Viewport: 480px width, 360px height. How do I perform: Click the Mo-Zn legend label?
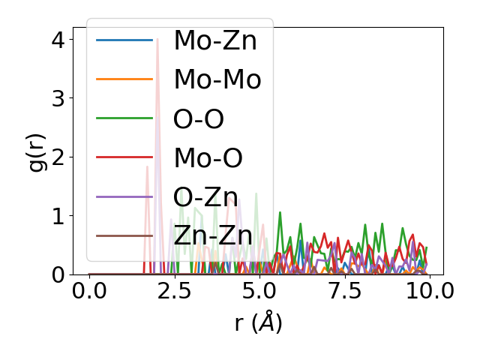[x=215, y=40]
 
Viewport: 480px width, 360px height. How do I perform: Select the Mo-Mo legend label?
[x=217, y=79]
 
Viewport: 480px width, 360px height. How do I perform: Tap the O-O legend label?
[x=199, y=118]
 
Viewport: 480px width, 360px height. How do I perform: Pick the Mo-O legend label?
[x=208, y=157]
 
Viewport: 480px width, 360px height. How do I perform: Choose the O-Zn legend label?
[x=206, y=196]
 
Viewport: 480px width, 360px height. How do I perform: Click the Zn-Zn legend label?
[x=213, y=235]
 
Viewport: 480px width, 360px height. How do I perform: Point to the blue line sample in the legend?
[x=124, y=40]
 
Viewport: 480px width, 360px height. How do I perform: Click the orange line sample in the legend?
[x=124, y=79]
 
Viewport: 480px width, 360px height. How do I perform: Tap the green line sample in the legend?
[x=124, y=118]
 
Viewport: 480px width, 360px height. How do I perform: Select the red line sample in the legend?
[x=124, y=157]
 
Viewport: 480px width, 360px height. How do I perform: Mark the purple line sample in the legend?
[x=124, y=196]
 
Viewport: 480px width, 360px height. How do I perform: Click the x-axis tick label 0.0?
[x=89, y=291]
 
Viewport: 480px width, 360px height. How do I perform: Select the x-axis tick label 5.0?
[x=259, y=291]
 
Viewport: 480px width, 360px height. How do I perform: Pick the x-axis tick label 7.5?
[x=344, y=291]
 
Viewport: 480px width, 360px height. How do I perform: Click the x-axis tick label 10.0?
[x=429, y=291]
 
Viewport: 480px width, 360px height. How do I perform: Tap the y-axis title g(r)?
[x=37, y=151]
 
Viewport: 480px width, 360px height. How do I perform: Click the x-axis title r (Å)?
[x=259, y=323]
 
